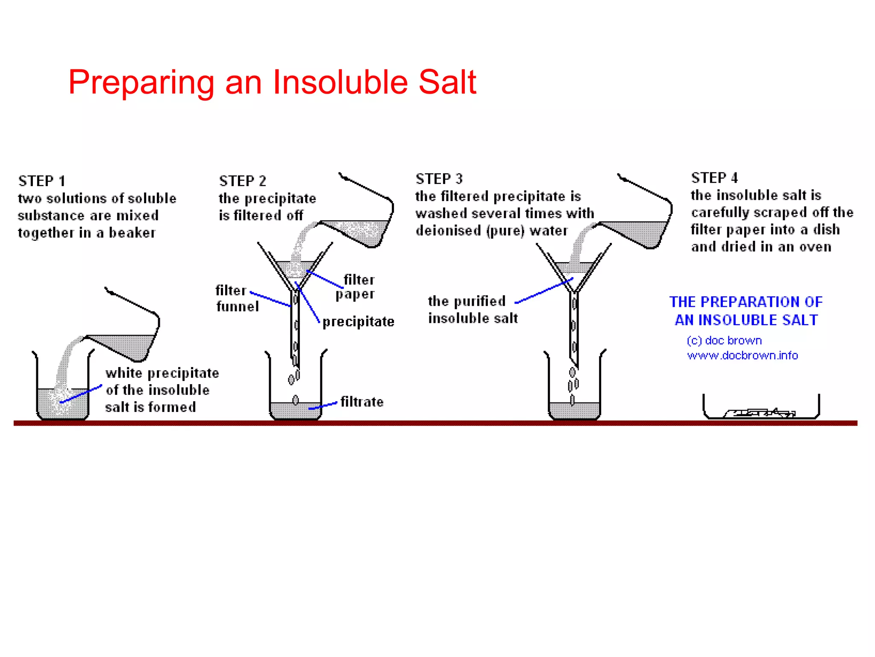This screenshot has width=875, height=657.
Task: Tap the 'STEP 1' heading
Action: click(x=42, y=181)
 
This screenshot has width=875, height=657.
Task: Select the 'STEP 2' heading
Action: click(x=242, y=181)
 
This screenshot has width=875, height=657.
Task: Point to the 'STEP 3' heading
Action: click(x=439, y=179)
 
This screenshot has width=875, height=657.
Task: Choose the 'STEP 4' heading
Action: click(x=714, y=178)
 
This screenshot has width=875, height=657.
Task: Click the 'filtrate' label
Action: click(x=362, y=402)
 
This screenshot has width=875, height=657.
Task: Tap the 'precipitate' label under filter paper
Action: click(x=358, y=322)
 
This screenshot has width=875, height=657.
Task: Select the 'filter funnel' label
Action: click(x=237, y=299)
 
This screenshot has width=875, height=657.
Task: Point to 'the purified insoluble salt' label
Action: click(x=472, y=310)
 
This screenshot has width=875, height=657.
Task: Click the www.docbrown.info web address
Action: click(x=743, y=356)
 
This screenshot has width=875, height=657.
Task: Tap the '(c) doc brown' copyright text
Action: click(x=724, y=340)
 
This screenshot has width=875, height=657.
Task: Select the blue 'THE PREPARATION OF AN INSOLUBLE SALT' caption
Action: click(x=746, y=311)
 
